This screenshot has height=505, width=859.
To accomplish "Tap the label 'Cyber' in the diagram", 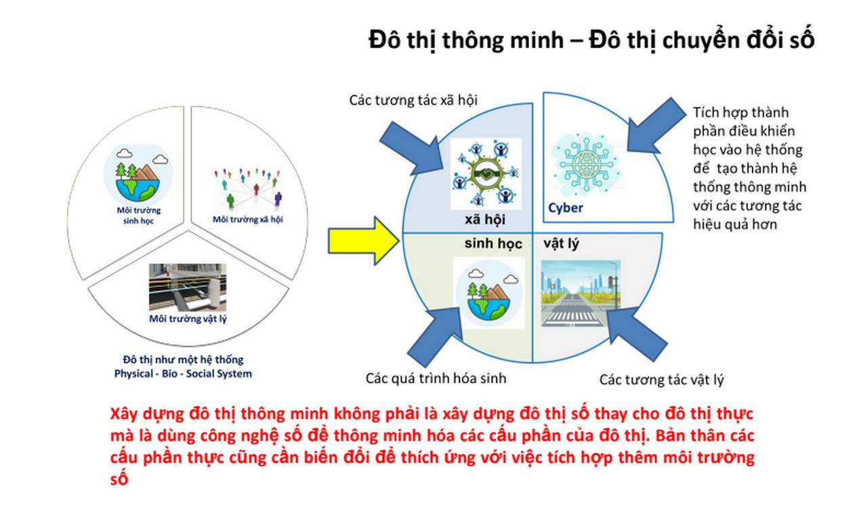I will coord(565,207).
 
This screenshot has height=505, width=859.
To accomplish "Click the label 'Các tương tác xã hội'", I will coord(413,100).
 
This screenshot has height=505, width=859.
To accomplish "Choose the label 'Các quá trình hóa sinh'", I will coord(436,378).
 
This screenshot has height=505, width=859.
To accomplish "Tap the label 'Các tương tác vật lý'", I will coord(661,380).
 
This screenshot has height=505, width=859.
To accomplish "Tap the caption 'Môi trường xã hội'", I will coord(248,219).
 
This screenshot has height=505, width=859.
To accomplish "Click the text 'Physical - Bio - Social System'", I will coord(182,373).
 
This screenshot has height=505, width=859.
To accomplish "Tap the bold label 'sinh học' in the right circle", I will coord(493,243).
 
